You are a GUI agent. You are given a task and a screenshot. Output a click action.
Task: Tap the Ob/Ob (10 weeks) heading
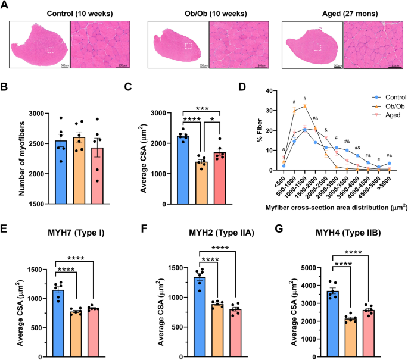point(207,13)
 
